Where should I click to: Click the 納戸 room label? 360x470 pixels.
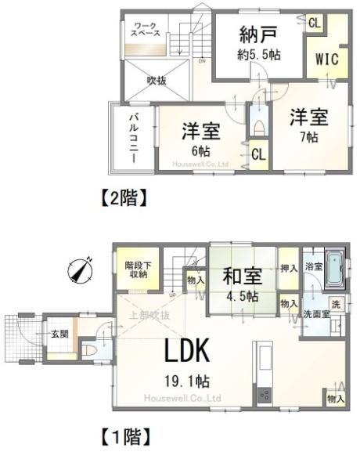249,34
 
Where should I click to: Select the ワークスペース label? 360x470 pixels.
146,31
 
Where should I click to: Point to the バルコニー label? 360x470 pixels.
134,136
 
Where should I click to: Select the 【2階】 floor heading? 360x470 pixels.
124,198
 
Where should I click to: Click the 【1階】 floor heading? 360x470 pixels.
124,432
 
